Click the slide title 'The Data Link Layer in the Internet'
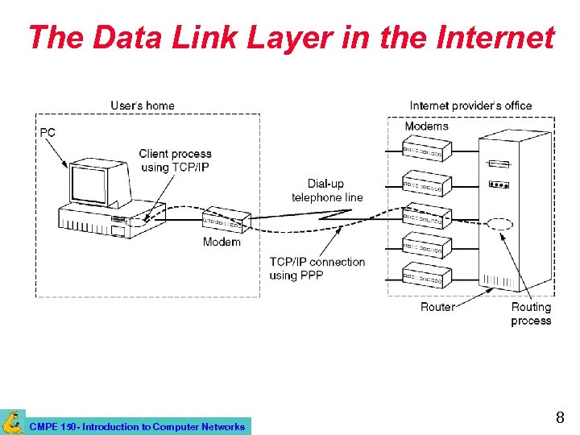coord(291,38)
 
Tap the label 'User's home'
coord(143,106)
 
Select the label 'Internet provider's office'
coord(470,106)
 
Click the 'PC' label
coord(48,132)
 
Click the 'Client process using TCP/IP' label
coord(175,160)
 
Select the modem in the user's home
coord(226,219)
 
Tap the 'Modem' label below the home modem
coord(222,242)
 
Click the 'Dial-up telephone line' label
coord(327,190)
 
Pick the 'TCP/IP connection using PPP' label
coord(317,268)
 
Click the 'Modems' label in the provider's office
coord(426,126)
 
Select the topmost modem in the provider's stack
coord(427,150)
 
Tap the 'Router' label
coord(437,307)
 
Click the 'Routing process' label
coord(531,313)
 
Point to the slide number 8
coord(560,417)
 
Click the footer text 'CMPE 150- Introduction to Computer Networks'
coord(137,427)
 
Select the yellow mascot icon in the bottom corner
coord(12,422)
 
